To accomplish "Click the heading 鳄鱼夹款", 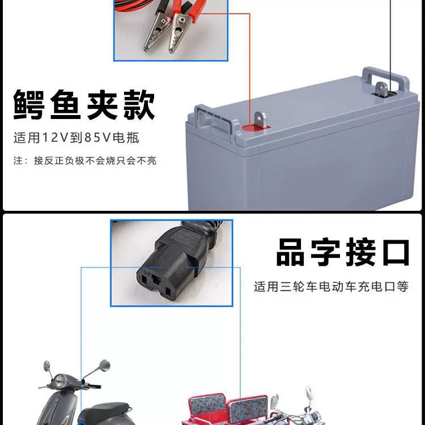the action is click(x=84, y=105).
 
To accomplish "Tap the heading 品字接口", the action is click(x=343, y=252).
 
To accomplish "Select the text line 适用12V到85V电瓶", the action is click(x=76, y=138).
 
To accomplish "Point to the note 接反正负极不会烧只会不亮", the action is click(x=95, y=160).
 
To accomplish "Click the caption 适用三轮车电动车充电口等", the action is click(x=331, y=287).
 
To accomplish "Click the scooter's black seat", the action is click(x=106, y=412).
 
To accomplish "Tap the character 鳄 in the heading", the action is click(x=29, y=105).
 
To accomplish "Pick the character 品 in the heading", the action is click(x=290, y=252).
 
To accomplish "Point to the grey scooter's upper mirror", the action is click(x=104, y=365).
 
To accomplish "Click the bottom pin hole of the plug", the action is click(x=168, y=292).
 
